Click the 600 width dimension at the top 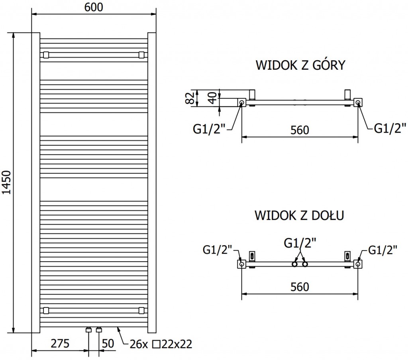pyautogui.click(x=94, y=7)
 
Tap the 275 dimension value pyautogui.click(x=60, y=343)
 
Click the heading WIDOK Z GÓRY pyautogui.click(x=300, y=65)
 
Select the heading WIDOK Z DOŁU pyautogui.click(x=300, y=215)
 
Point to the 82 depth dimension pyautogui.click(x=191, y=97)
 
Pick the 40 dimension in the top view pyautogui.click(x=214, y=98)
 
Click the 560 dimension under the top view pyautogui.click(x=300, y=130)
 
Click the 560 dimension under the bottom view pyautogui.click(x=300, y=287)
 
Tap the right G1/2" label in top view pyautogui.click(x=390, y=128)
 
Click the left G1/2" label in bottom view pyautogui.click(x=217, y=250)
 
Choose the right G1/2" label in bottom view pyautogui.click(x=382, y=250)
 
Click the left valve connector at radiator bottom pyautogui.click(x=88, y=329)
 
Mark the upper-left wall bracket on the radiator pyautogui.click(x=46, y=55)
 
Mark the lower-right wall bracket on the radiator pyautogui.click(x=141, y=310)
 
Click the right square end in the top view pyautogui.click(x=358, y=102)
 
